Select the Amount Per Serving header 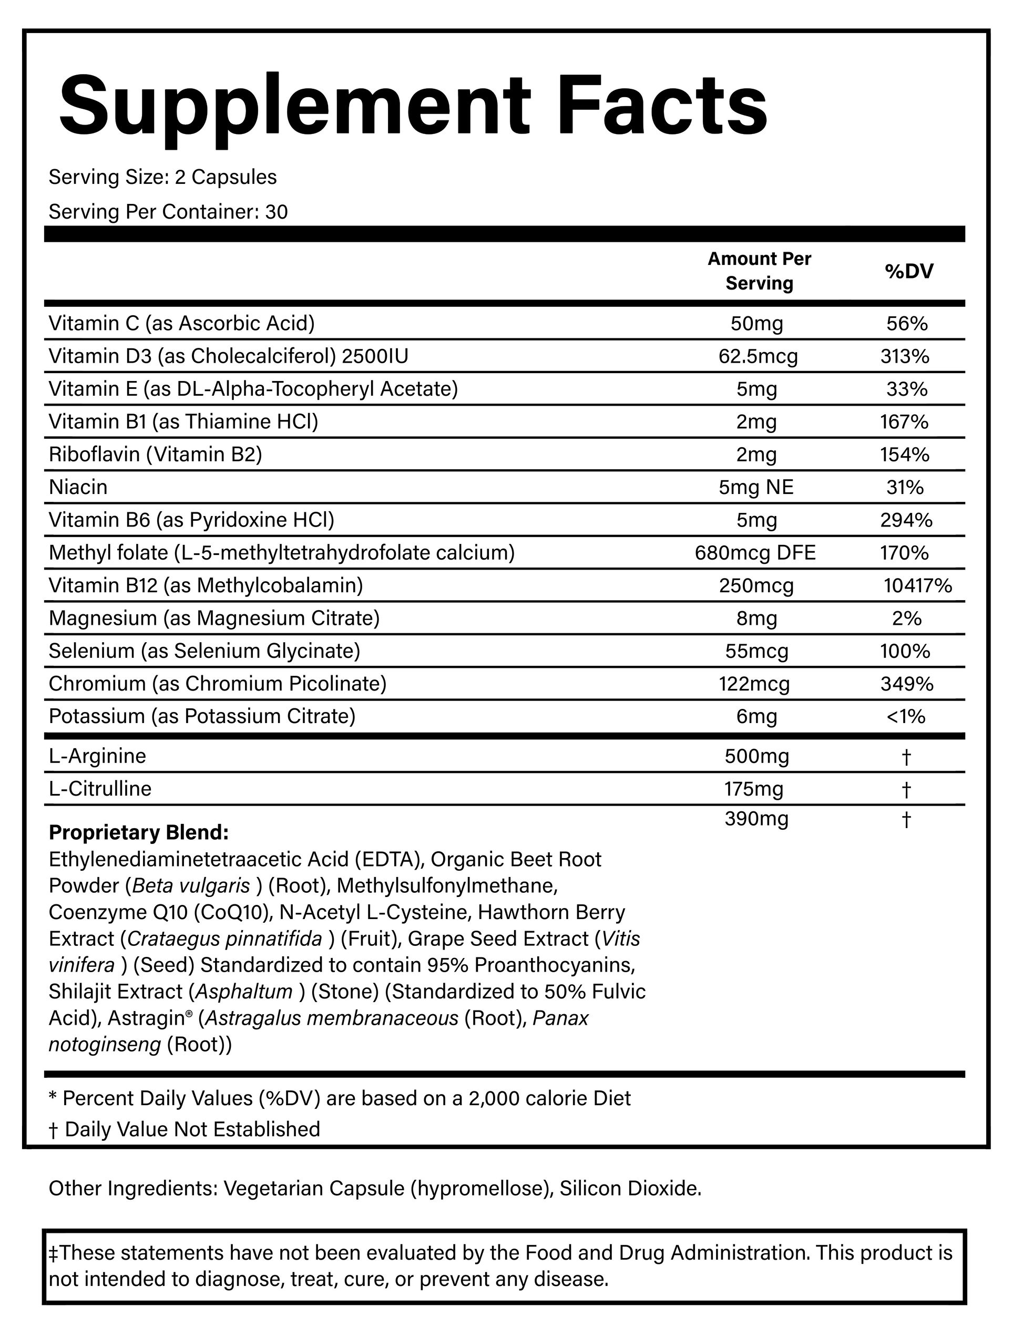tap(759, 271)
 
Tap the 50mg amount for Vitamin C tap(757, 323)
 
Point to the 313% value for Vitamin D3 tap(905, 356)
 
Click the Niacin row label tap(78, 487)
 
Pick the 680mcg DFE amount tap(755, 553)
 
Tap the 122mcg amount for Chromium tap(757, 684)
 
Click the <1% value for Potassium tap(907, 716)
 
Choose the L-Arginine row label tap(97, 757)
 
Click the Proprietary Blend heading tap(139, 832)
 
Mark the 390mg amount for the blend tap(757, 819)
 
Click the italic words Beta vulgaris tap(191, 885)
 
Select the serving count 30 tap(277, 212)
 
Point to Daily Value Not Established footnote tap(192, 1129)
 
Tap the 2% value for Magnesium tap(907, 618)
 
